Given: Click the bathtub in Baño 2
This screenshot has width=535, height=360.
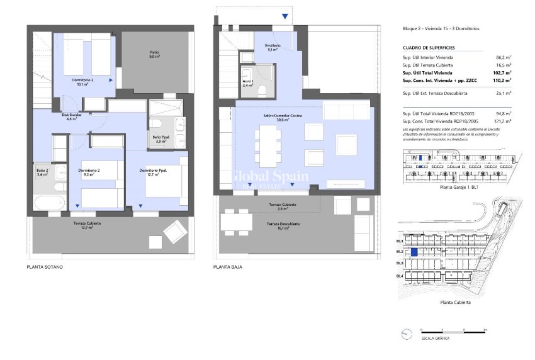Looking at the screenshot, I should point(49,203).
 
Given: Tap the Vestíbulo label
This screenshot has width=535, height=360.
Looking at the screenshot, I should point(273,47).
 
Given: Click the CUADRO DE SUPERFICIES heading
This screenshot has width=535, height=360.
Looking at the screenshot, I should point(428,48).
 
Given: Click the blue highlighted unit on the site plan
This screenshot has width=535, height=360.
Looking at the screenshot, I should point(414,252).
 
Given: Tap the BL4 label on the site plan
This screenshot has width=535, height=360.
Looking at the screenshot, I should point(399,276).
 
